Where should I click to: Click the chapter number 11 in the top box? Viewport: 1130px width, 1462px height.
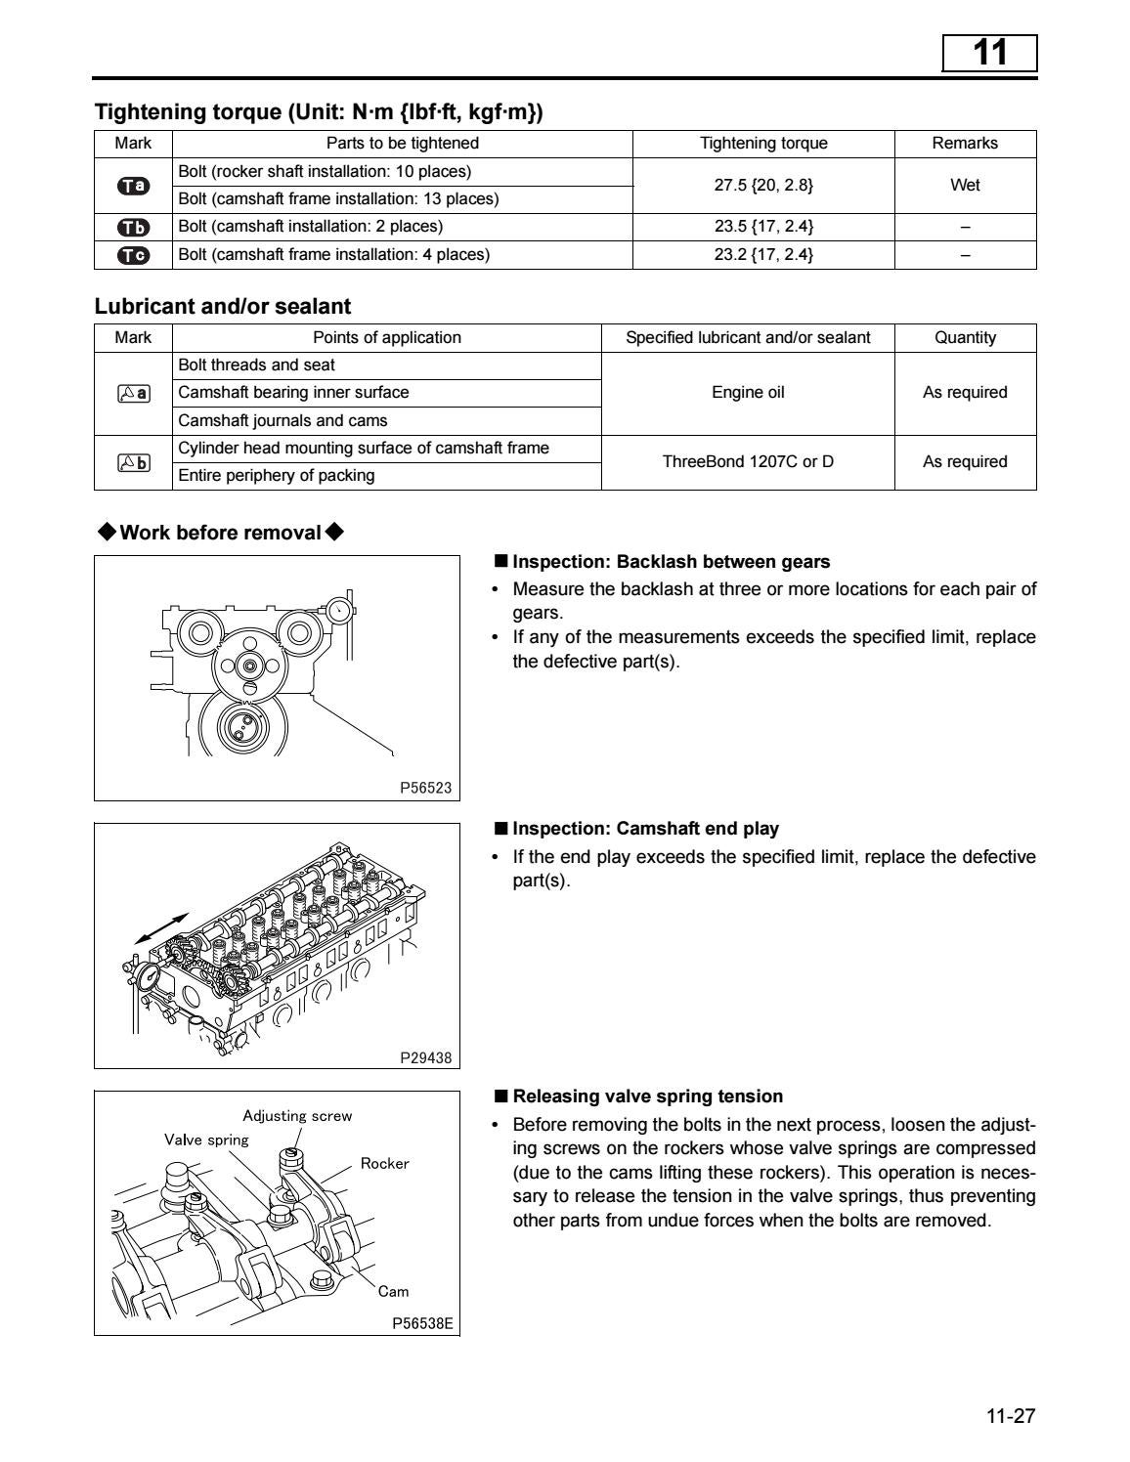989,52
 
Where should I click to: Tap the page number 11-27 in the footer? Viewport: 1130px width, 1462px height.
1010,1416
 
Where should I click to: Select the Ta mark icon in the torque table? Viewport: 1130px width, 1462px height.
133,186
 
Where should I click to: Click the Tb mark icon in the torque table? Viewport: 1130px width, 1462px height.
133,227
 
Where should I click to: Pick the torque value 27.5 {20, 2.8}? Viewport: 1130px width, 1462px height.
763,185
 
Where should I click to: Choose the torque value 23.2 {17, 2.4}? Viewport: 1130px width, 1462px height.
763,255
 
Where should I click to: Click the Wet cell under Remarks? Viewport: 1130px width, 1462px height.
965,185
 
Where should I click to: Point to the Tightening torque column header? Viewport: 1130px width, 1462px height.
763,143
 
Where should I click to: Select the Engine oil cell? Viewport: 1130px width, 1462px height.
748,393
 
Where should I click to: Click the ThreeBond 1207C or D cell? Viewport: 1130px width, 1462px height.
748,461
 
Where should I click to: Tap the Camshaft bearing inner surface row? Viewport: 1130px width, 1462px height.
293,393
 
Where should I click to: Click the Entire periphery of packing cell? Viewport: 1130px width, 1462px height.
277,476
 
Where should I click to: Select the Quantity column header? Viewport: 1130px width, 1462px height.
965,337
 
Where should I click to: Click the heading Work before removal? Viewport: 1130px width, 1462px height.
220,533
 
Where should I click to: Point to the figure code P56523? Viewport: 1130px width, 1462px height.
426,788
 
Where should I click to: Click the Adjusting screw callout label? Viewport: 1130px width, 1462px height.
297,1116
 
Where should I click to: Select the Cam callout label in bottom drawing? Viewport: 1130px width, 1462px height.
393,1291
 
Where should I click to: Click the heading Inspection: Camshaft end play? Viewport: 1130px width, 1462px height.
645,829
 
